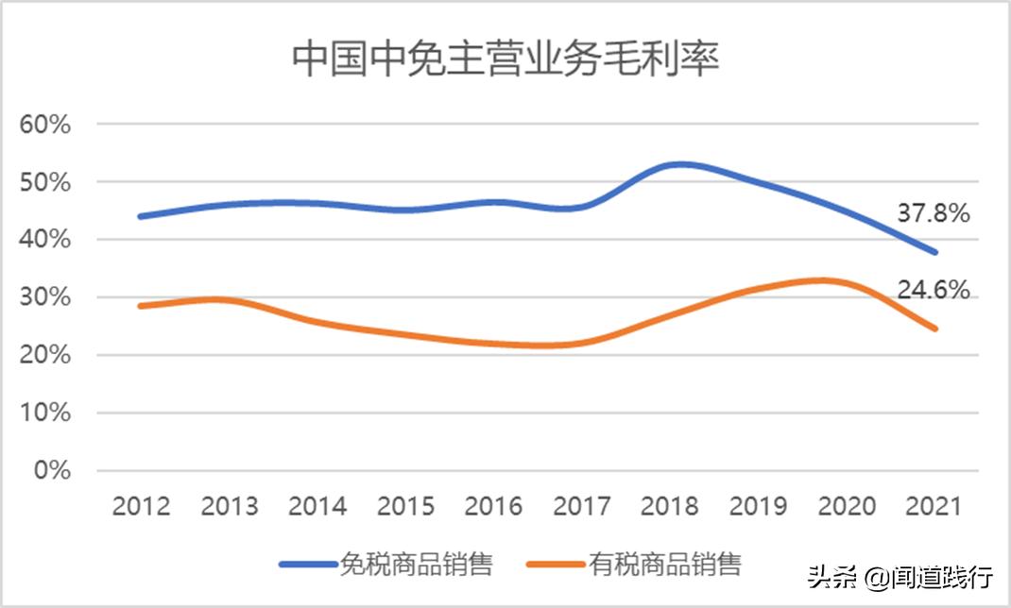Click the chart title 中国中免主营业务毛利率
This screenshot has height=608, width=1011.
505,59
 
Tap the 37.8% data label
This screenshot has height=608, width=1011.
933,214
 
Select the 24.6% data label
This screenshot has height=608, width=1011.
933,290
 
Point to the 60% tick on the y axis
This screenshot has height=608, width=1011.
45,125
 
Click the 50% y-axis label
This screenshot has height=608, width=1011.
45,182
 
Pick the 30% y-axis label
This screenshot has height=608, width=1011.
45,297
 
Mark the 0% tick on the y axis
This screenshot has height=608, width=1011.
52,470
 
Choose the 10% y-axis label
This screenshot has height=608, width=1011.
45,413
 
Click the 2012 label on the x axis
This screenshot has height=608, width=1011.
142,506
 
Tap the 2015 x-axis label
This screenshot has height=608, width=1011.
405,506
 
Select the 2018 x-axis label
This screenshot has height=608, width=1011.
669,506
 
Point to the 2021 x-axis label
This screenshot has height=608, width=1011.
933,506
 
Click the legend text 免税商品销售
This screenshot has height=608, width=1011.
416,565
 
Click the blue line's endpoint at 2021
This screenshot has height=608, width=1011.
934,252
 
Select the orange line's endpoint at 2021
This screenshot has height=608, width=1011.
934,329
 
